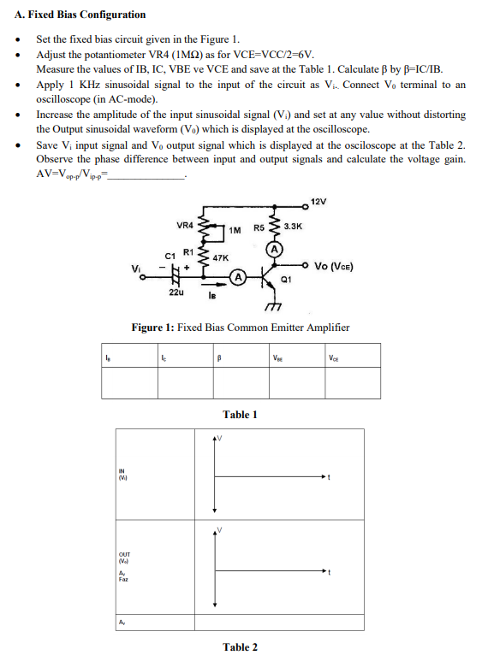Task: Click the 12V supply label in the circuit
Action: (x=318, y=201)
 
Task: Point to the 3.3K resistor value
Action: (x=293, y=227)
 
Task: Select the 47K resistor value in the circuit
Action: (x=220, y=257)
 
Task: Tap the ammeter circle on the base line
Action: (x=241, y=277)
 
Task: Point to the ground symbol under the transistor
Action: (x=275, y=309)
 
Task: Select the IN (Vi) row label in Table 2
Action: (x=126, y=474)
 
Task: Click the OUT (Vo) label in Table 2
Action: (x=126, y=558)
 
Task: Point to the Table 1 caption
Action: (x=240, y=415)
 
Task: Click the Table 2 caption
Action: (x=240, y=647)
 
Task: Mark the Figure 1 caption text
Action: (x=240, y=328)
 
